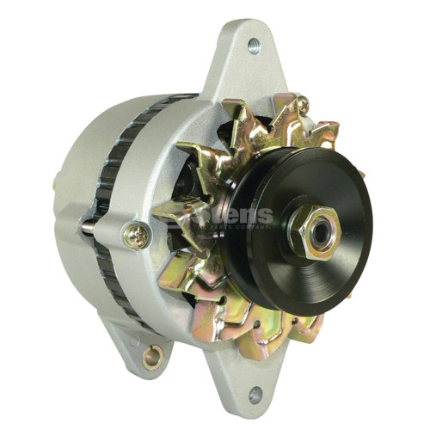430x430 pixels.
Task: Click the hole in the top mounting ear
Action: (x=254, y=46)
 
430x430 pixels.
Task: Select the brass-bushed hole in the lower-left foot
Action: (x=156, y=353)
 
